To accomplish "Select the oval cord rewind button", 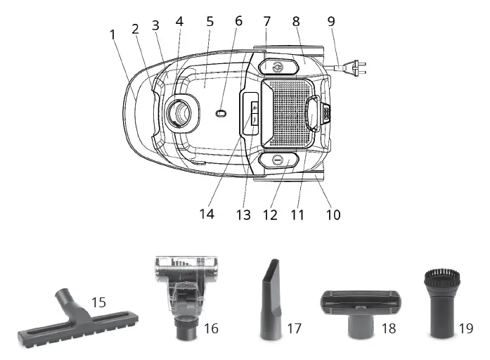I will pyautogui.click(x=278, y=161).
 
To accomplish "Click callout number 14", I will pyautogui.click(x=206, y=214).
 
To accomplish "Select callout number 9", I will pyautogui.click(x=331, y=21).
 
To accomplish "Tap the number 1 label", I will pyautogui.click(x=113, y=33).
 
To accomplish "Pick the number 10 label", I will pyautogui.click(x=333, y=214).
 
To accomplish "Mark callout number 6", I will pyautogui.click(x=238, y=21).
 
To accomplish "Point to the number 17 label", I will pyautogui.click(x=294, y=328).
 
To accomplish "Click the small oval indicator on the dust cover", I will pyautogui.click(x=221, y=112).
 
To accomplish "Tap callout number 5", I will pyautogui.click(x=209, y=21).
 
